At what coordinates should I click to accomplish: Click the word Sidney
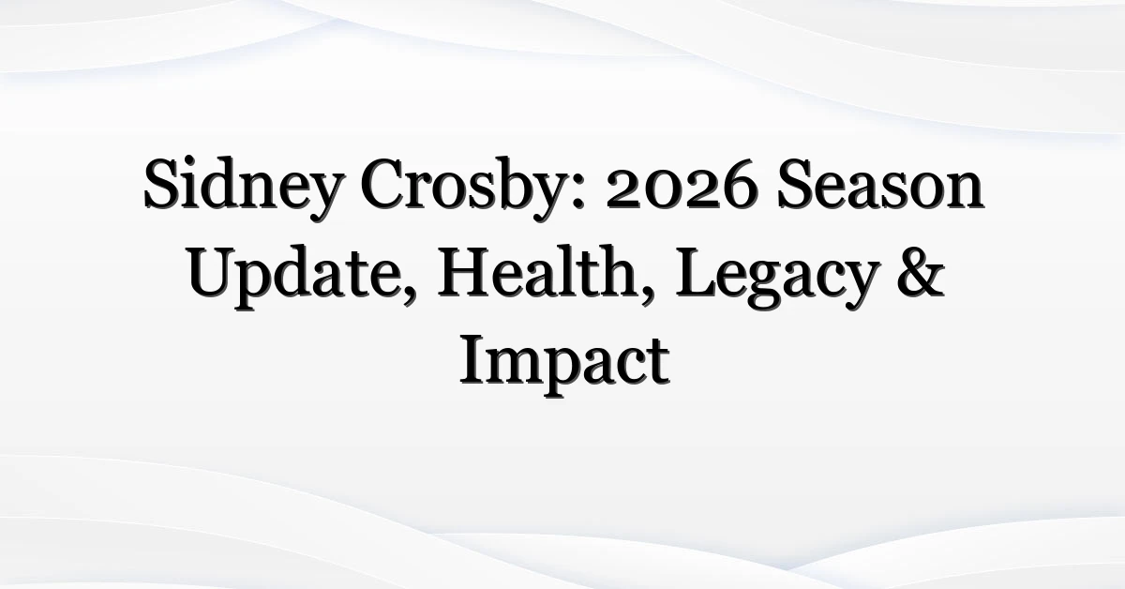point(245,188)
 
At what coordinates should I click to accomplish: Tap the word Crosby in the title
point(466,188)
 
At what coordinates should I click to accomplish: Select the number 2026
point(682,184)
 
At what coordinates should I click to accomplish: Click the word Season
point(880,184)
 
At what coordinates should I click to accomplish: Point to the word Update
point(297,277)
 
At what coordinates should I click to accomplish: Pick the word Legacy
point(777,278)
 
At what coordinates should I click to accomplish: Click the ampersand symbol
point(921,271)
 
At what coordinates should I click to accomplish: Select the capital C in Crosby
point(383,184)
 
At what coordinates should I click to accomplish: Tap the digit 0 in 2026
point(664,190)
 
